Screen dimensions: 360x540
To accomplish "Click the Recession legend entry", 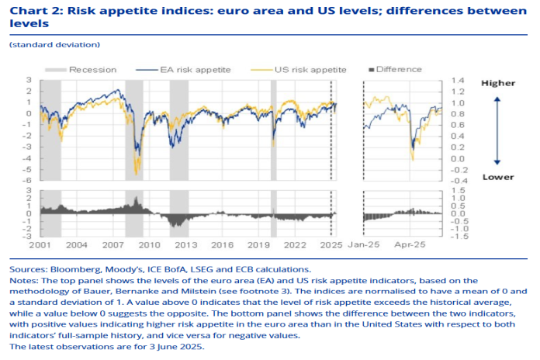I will click(x=92, y=69).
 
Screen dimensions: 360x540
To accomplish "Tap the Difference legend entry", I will click(x=400, y=69).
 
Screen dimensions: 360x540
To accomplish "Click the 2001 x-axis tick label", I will click(x=40, y=244).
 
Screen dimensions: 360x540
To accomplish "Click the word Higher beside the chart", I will click(x=497, y=82).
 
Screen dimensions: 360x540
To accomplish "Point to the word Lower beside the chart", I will click(x=497, y=177).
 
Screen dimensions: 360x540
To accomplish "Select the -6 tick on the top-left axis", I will click(x=29, y=181).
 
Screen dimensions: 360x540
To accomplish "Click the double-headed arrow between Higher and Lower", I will click(x=497, y=130).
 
